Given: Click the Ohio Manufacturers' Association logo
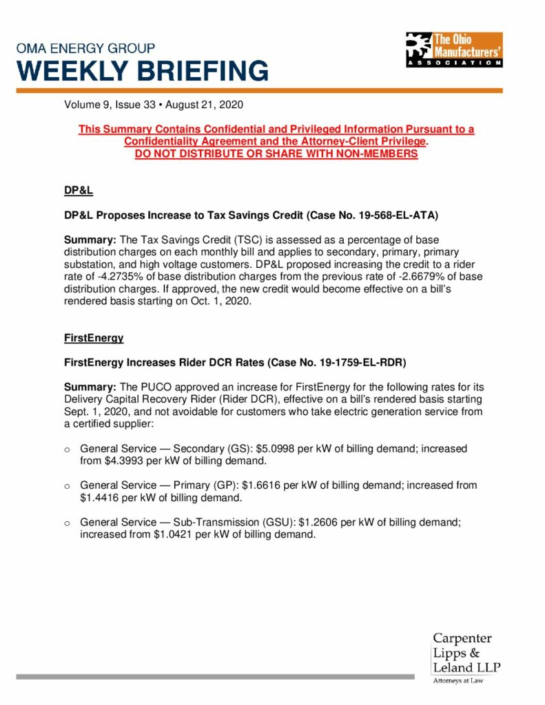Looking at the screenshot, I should [x=454, y=50].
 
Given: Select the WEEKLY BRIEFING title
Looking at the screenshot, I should [x=143, y=71].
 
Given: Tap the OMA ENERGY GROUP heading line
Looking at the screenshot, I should [x=86, y=49].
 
